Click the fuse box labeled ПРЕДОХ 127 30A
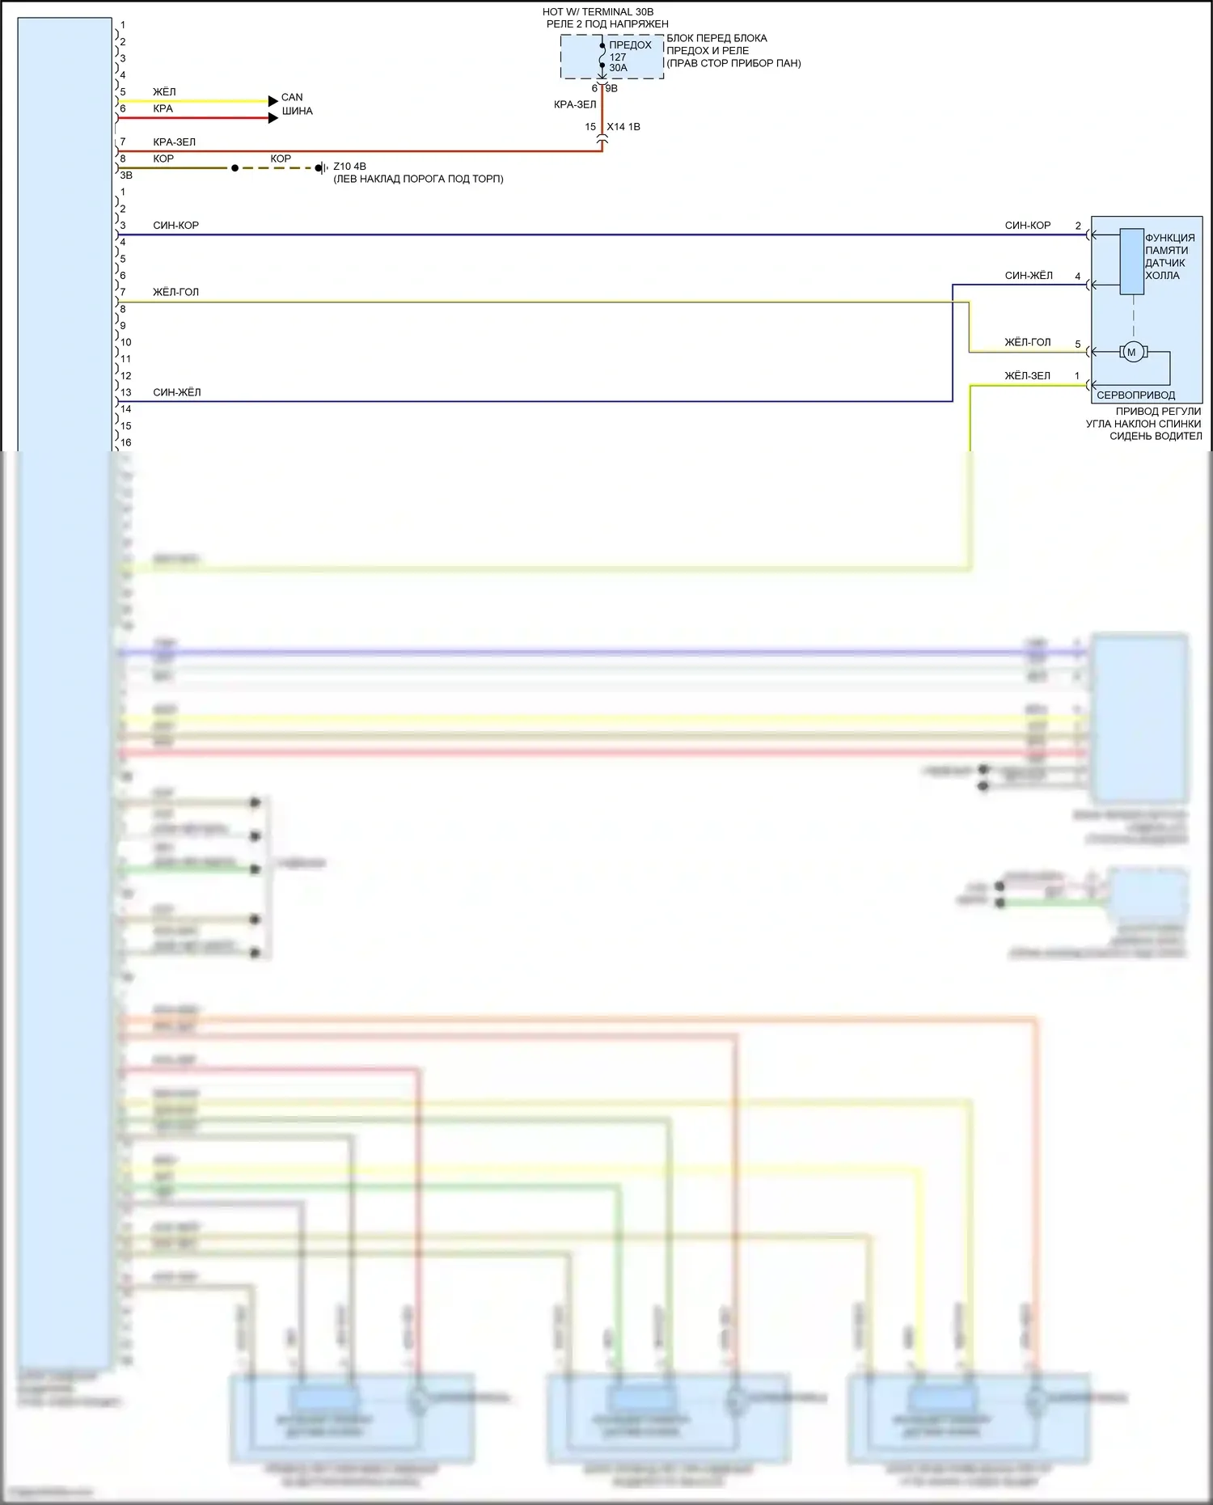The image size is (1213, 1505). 612,57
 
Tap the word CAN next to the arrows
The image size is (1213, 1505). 292,97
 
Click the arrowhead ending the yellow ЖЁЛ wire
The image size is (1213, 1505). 273,101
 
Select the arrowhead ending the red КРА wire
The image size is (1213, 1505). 273,118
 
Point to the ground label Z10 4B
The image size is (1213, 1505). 349,167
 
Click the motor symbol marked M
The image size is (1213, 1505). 1131,352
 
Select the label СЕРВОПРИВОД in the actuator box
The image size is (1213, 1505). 1135,395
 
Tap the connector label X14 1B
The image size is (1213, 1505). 623,127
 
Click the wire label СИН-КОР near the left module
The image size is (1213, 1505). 175,226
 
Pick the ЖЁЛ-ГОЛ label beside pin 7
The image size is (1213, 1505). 175,292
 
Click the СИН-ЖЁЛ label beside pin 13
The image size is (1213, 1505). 176,392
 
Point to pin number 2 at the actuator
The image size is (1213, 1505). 1077,226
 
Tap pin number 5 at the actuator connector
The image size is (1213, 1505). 1077,344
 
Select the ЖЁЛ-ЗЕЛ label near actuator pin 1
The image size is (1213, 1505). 1027,376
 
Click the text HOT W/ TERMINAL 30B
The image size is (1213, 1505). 598,12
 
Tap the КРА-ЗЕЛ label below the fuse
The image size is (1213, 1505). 575,104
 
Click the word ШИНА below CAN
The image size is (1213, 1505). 297,111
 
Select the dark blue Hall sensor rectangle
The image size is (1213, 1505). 1131,261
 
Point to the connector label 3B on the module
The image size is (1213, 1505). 126,175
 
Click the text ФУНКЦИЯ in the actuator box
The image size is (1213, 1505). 1169,238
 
